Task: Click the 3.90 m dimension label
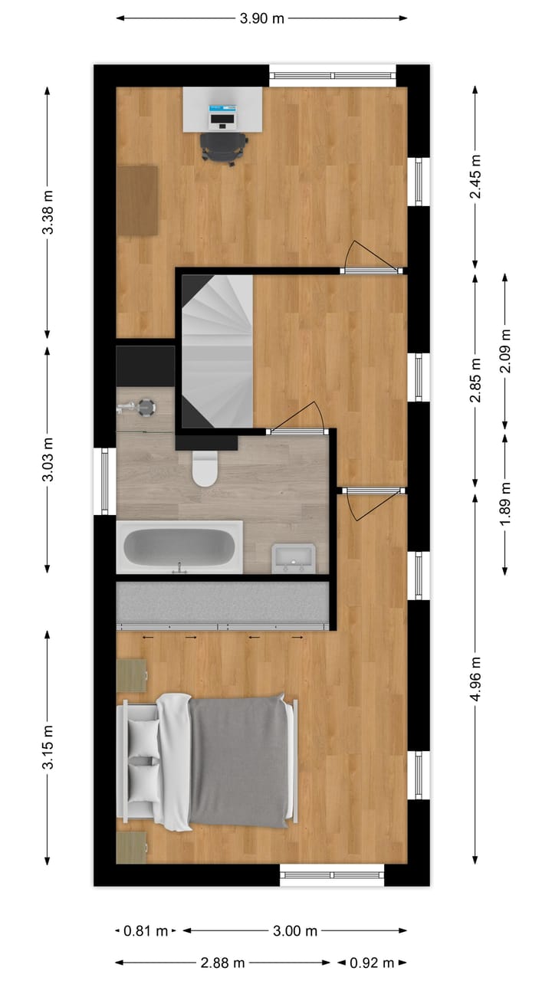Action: pyautogui.click(x=262, y=18)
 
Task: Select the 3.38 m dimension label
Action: pyautogui.click(x=48, y=212)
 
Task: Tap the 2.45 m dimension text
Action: pyautogui.click(x=475, y=177)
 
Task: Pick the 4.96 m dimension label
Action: pyautogui.click(x=475, y=679)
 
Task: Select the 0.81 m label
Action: pyautogui.click(x=146, y=931)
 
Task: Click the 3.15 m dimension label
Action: pyautogui.click(x=48, y=747)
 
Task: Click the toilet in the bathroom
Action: pyautogui.click(x=205, y=469)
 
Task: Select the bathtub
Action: pyautogui.click(x=179, y=546)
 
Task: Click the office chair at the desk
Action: pyautogui.click(x=224, y=147)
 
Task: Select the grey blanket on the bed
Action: pyautogui.click(x=239, y=761)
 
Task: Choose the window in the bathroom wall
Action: pyautogui.click(x=105, y=481)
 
